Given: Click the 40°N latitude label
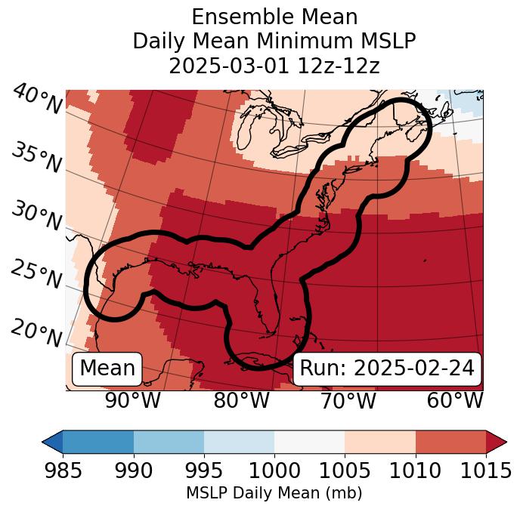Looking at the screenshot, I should (36, 100).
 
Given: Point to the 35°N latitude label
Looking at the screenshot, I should (36, 158).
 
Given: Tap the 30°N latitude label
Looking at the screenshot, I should (36, 217).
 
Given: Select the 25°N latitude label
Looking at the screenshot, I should (36, 275).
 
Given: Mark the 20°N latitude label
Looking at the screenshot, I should (36, 333).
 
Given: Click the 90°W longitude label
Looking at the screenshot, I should (132, 401).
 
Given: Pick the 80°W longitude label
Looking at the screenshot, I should (241, 401).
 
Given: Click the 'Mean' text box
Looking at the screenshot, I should (107, 369).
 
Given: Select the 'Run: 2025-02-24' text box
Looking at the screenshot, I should (387, 369).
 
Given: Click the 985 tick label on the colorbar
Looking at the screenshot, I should (63, 471).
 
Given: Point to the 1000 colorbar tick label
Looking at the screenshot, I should (274, 471).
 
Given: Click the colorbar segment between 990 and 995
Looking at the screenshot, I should (169, 442).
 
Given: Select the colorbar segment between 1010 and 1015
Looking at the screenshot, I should (450, 442).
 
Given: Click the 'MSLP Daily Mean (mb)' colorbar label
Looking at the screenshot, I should (274, 494).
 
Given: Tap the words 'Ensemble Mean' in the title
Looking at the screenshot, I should (274, 17).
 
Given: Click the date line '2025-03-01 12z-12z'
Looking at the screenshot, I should (274, 66).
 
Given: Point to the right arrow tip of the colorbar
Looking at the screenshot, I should (505, 442).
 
